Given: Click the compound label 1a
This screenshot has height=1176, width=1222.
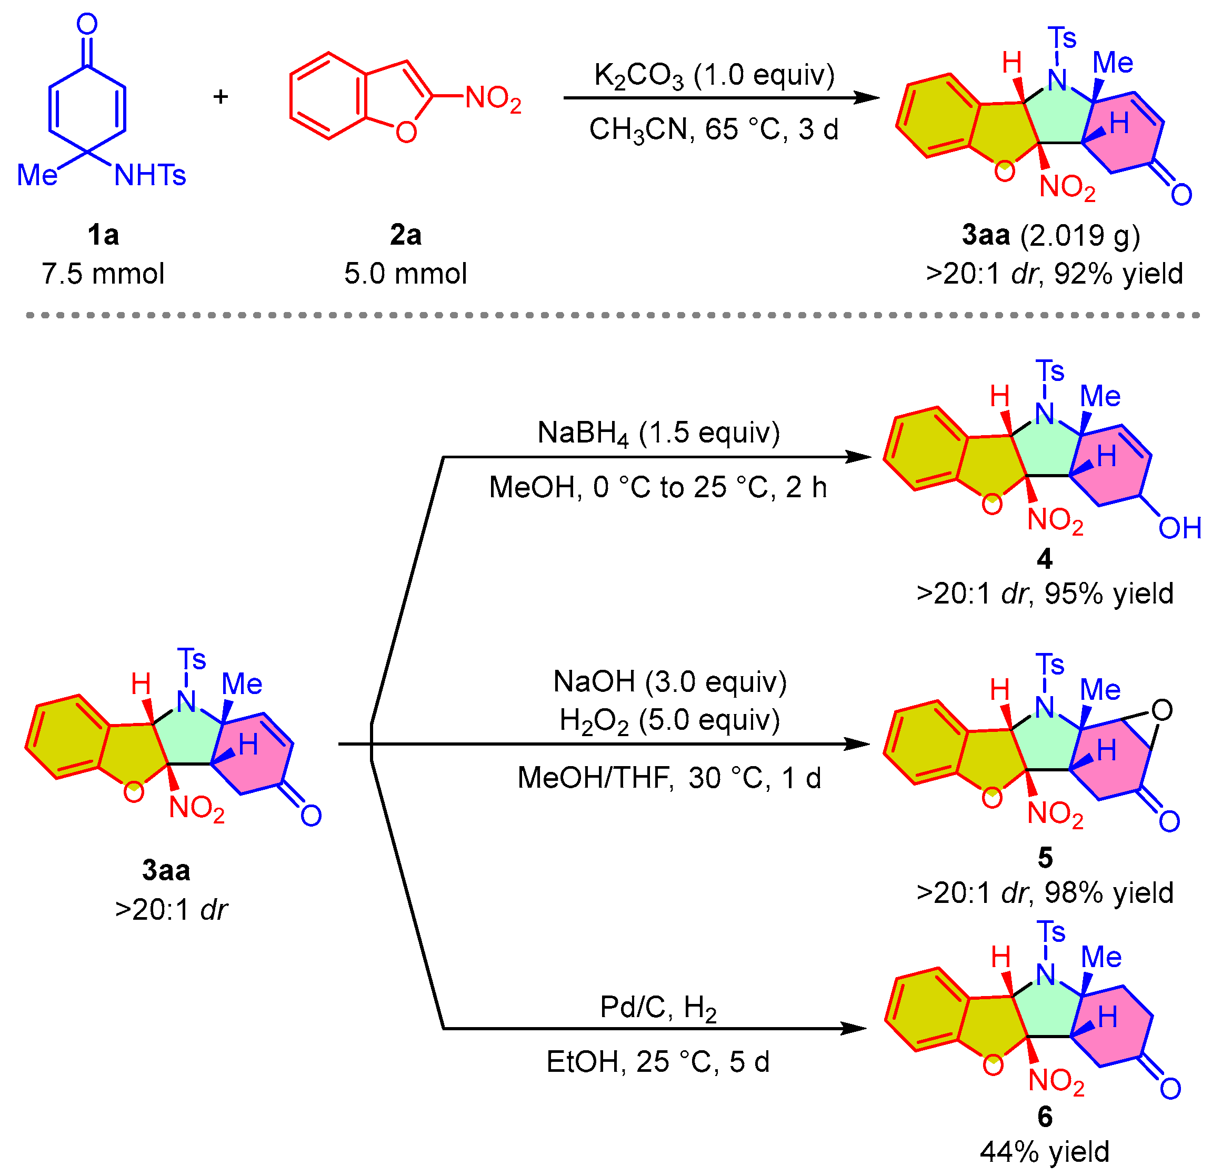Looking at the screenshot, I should (103, 236).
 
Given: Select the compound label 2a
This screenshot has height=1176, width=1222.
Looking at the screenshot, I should (406, 236).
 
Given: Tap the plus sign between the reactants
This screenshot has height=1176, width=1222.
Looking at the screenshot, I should (221, 97).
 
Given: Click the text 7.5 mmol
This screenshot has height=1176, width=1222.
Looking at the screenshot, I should (103, 274).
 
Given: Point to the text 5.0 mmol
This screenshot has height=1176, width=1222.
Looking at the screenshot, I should (406, 274).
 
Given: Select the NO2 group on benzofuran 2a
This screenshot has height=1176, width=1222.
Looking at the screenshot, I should (493, 98).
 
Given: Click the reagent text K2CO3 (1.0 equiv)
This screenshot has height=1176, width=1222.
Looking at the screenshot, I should (714, 75).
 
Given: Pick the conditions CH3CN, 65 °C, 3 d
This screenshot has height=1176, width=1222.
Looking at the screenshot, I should (714, 129).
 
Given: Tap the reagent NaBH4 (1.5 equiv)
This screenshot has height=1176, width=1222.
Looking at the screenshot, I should (658, 433).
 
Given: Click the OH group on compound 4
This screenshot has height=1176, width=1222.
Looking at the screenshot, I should (1179, 528).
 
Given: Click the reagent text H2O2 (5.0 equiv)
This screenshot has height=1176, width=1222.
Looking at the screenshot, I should (669, 721).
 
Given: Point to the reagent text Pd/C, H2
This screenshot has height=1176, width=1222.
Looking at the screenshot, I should (658, 1008).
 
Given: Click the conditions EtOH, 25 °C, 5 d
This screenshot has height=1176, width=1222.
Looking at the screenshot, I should (658, 1062).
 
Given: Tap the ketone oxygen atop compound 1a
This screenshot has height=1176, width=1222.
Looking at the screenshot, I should (87, 25).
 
